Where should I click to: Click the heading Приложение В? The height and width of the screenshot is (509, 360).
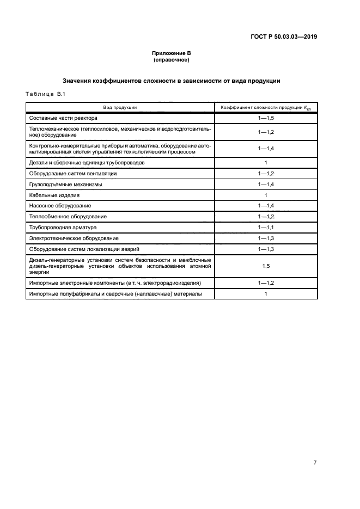click(x=171, y=53)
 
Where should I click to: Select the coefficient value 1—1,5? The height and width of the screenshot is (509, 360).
click(x=265, y=118)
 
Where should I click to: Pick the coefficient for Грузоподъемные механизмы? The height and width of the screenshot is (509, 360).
click(x=265, y=185)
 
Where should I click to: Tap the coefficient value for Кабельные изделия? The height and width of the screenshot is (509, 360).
click(x=265, y=195)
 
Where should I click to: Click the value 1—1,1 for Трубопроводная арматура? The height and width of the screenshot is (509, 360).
click(x=265, y=227)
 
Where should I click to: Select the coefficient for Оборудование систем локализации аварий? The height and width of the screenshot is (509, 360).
click(x=265, y=249)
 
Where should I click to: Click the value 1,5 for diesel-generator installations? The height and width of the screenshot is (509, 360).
click(x=265, y=266)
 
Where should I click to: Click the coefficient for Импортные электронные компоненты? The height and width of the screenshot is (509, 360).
click(x=265, y=283)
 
